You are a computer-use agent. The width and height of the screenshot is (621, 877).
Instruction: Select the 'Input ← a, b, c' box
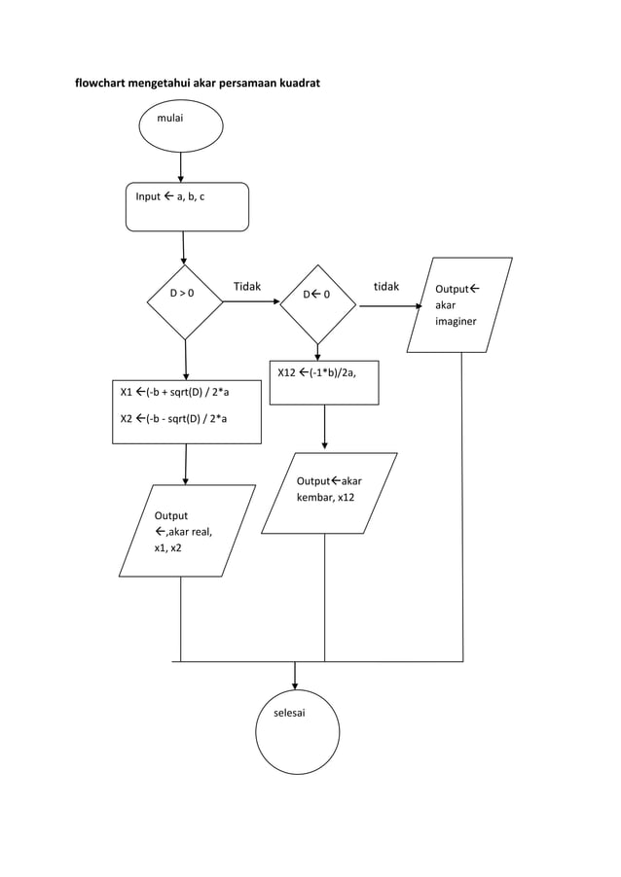point(187,206)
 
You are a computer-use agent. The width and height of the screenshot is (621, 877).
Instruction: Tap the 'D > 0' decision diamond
point(185,301)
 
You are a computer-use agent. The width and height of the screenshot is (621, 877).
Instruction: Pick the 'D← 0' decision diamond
point(317,302)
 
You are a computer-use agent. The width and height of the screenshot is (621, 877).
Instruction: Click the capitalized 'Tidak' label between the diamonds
point(247,287)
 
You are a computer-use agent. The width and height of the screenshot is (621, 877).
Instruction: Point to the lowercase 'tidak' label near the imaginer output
point(386,287)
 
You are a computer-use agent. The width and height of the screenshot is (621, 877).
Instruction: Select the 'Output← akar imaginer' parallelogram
point(459,304)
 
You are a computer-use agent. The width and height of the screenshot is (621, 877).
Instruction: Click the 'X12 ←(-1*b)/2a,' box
point(323,381)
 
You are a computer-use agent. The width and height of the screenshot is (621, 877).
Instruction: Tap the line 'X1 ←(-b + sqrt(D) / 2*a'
point(174,393)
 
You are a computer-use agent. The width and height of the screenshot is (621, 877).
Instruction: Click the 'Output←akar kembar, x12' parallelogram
point(329,492)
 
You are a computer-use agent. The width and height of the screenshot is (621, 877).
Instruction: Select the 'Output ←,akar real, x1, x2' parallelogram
point(186,531)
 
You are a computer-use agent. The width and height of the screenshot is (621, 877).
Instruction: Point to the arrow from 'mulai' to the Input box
point(181,166)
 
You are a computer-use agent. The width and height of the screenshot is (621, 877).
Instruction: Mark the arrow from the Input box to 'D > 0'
point(183,247)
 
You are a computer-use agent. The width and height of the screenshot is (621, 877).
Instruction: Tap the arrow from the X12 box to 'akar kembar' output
point(323,428)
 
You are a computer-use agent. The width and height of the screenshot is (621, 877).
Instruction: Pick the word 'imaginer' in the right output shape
point(456,322)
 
